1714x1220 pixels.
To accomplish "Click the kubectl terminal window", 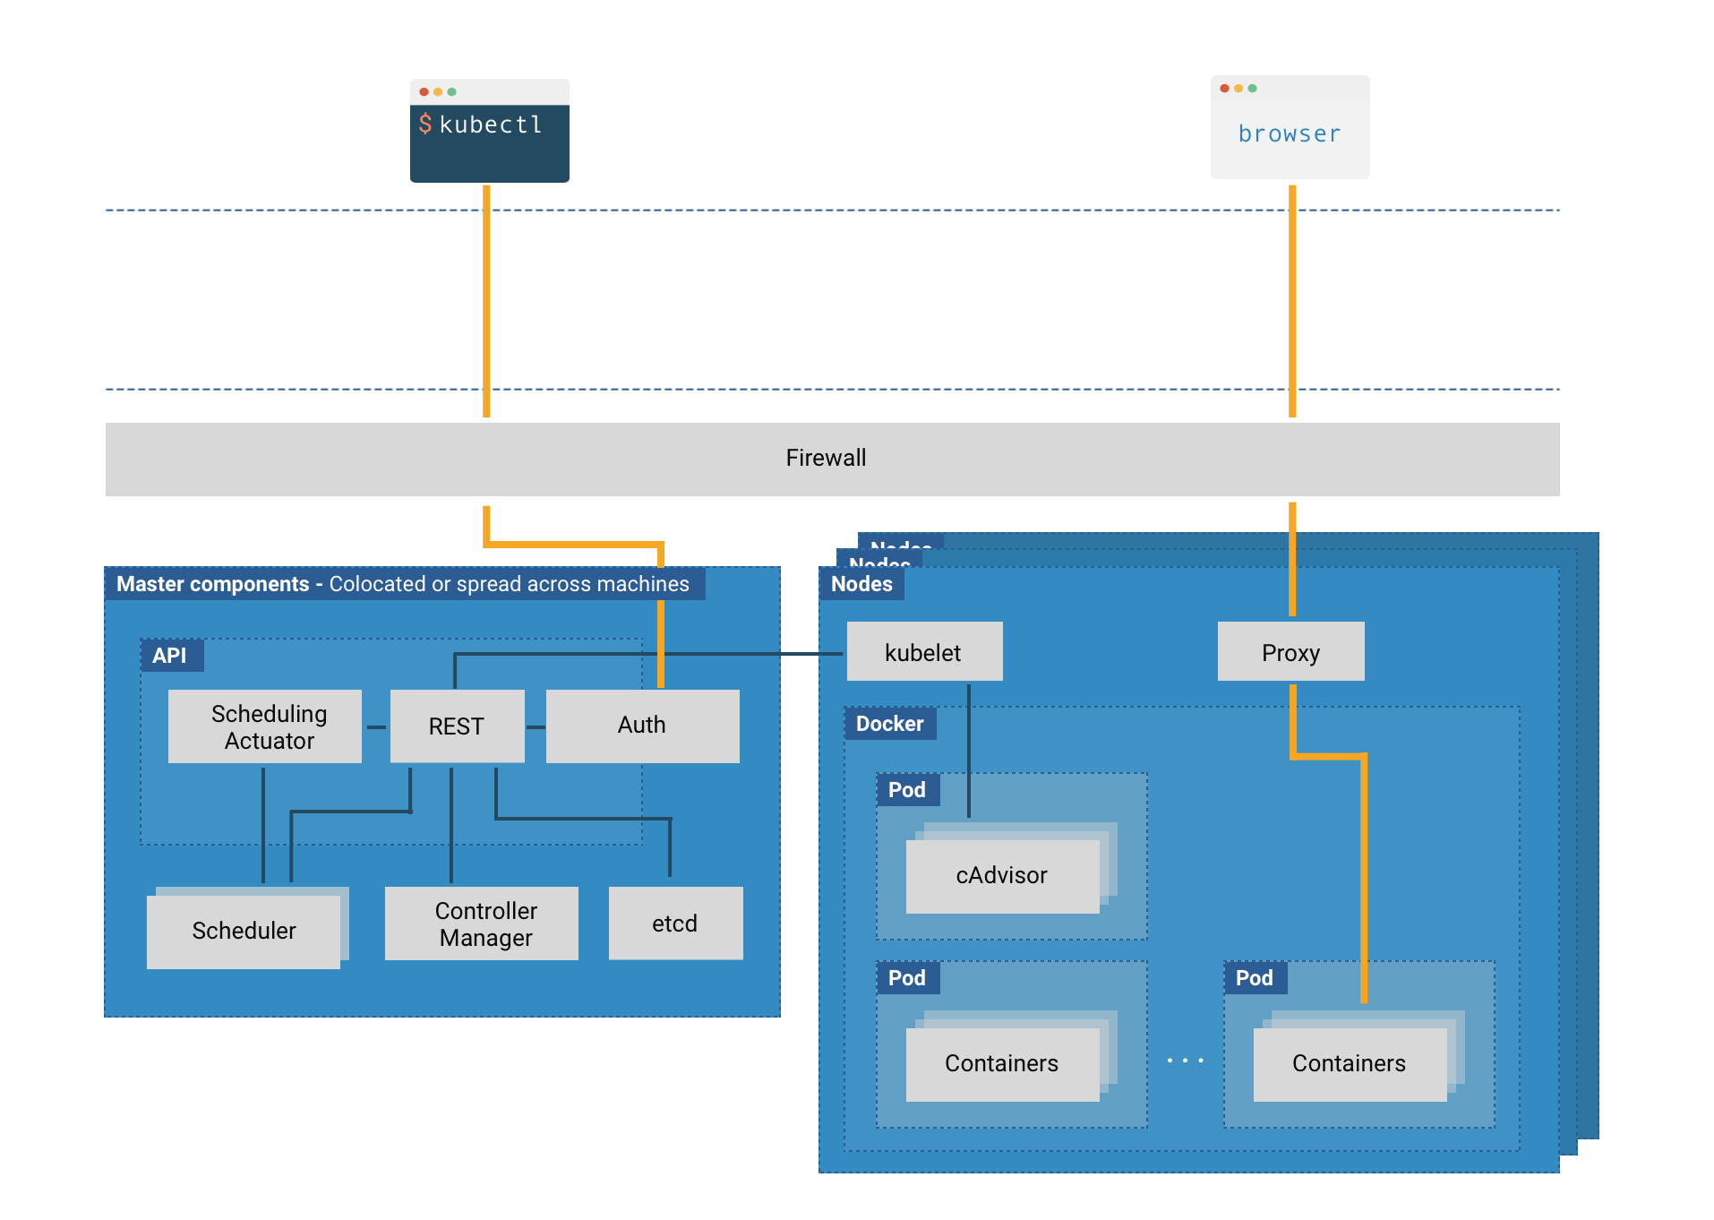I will click(x=489, y=131).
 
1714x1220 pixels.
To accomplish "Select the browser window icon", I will click(x=1290, y=127).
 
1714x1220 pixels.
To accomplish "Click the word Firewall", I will click(x=826, y=458).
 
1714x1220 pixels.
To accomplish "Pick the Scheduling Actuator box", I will click(x=265, y=726).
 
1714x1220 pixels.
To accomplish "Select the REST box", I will click(x=457, y=726).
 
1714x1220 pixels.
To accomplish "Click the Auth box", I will click(x=642, y=726).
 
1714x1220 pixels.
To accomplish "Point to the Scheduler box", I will click(x=244, y=931).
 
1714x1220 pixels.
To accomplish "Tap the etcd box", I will click(x=675, y=924).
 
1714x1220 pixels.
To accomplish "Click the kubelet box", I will click(x=924, y=652).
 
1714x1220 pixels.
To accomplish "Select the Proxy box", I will click(x=1290, y=652).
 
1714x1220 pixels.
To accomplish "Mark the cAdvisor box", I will click(x=1002, y=876).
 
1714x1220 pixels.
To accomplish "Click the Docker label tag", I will click(x=889, y=724).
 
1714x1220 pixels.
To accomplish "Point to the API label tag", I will click(x=170, y=656).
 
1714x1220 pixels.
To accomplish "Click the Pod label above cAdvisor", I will click(x=907, y=790).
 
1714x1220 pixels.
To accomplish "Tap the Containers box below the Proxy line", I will click(x=1350, y=1064).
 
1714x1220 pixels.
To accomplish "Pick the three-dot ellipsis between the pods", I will click(x=1185, y=1061).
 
